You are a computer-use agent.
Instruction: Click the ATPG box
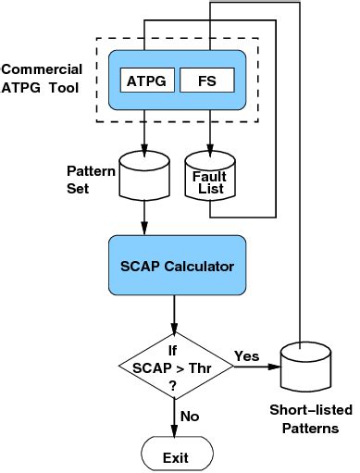point(146,81)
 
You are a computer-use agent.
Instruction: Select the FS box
point(209,81)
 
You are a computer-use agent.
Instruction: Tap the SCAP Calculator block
point(176,267)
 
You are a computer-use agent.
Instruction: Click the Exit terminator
point(176,456)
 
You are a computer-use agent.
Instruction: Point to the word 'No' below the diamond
point(190,417)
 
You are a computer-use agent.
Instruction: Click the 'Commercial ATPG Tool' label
point(42,79)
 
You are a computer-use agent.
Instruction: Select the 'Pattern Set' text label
point(92,180)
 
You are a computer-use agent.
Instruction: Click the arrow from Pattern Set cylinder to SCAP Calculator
point(146,219)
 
